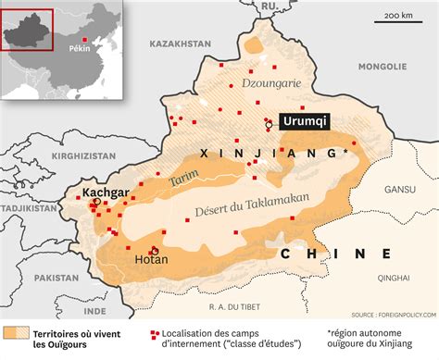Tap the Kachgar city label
click(x=105, y=193)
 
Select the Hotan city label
click(x=151, y=260)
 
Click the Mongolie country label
click(x=382, y=67)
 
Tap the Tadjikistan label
click(x=29, y=209)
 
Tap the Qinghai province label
click(x=393, y=276)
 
